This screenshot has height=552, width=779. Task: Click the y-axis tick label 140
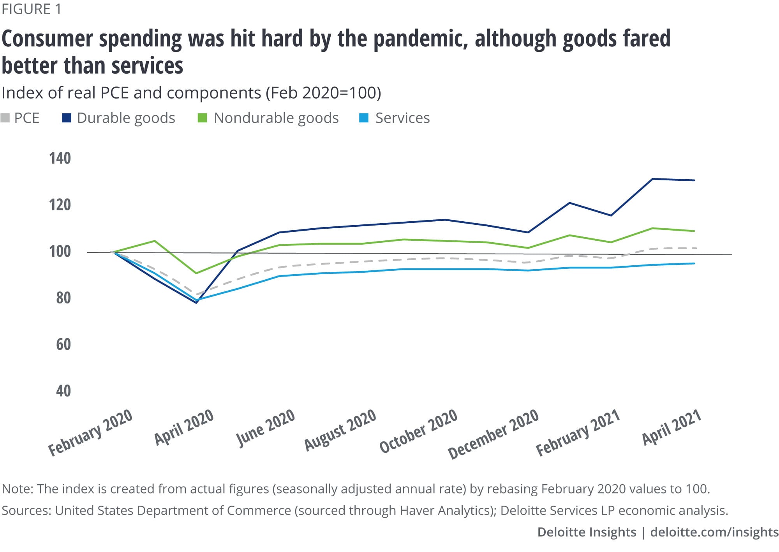pyautogui.click(x=60, y=158)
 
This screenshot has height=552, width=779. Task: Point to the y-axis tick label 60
pyautogui.click(x=63, y=344)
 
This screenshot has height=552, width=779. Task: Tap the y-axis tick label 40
pyautogui.click(x=63, y=391)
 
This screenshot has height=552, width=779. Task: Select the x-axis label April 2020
pyautogui.click(x=184, y=427)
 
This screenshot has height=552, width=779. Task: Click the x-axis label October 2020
pyautogui.click(x=418, y=431)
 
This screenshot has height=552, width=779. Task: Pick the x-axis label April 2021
pyautogui.click(x=671, y=427)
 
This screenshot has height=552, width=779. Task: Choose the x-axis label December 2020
pyautogui.click(x=493, y=434)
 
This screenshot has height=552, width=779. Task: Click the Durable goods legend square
pyautogui.click(x=67, y=118)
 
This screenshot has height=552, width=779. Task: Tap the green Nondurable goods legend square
pyautogui.click(x=202, y=118)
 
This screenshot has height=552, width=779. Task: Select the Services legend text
pyautogui.click(x=402, y=118)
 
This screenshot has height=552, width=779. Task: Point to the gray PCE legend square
pyautogui.click(x=5, y=118)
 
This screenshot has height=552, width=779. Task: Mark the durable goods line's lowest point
pyautogui.click(x=196, y=303)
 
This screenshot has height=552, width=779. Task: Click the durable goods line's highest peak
pyautogui.click(x=652, y=179)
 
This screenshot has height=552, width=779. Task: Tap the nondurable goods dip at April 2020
pyautogui.click(x=196, y=273)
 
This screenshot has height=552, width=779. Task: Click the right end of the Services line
pyautogui.click(x=694, y=263)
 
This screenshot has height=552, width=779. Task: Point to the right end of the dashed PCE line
pyautogui.click(x=696, y=248)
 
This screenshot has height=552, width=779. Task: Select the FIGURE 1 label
pyautogui.click(x=32, y=9)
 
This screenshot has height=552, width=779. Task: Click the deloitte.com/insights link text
pyautogui.click(x=714, y=532)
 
